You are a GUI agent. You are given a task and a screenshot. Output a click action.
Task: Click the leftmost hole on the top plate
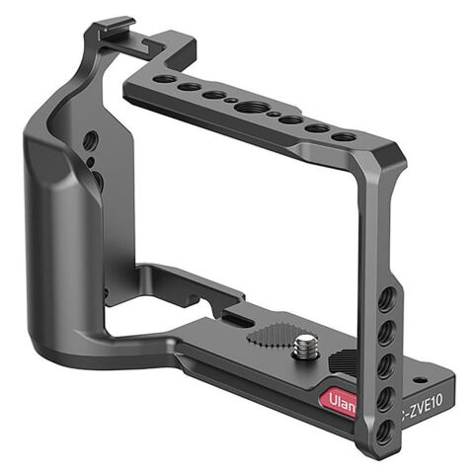pyautogui.click(x=161, y=82)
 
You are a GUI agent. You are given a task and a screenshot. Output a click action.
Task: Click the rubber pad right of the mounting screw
pyautogui.click(x=342, y=361)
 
